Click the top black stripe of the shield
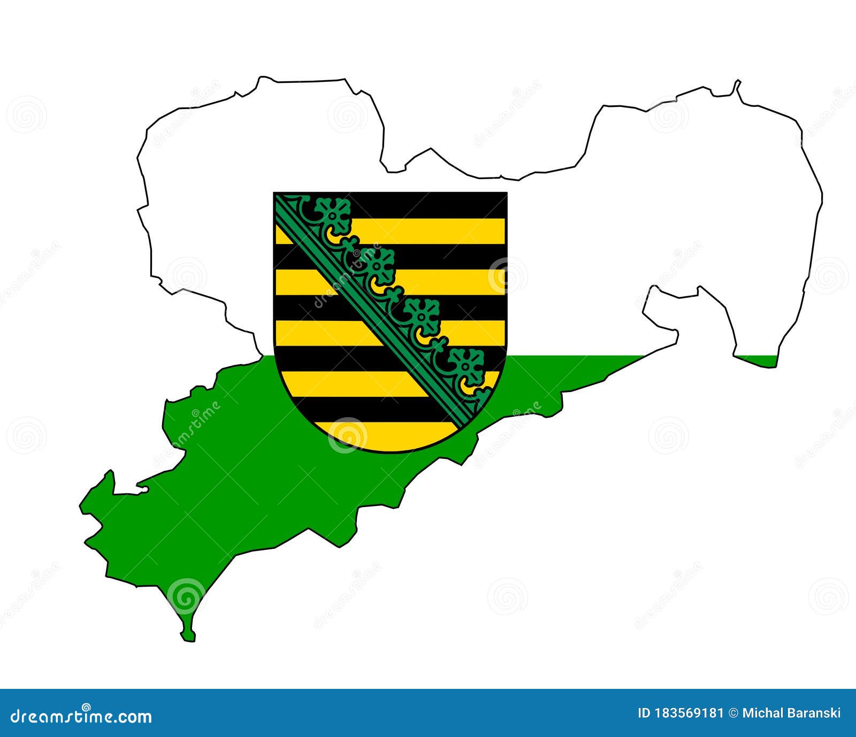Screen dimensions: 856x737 click(428, 205)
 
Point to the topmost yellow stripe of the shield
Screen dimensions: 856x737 click(428, 231)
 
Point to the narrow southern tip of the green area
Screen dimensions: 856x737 click(188, 634)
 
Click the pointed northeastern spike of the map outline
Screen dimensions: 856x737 click(738, 83)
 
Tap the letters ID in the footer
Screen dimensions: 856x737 click(645, 713)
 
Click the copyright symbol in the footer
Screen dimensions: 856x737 click(733, 713)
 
